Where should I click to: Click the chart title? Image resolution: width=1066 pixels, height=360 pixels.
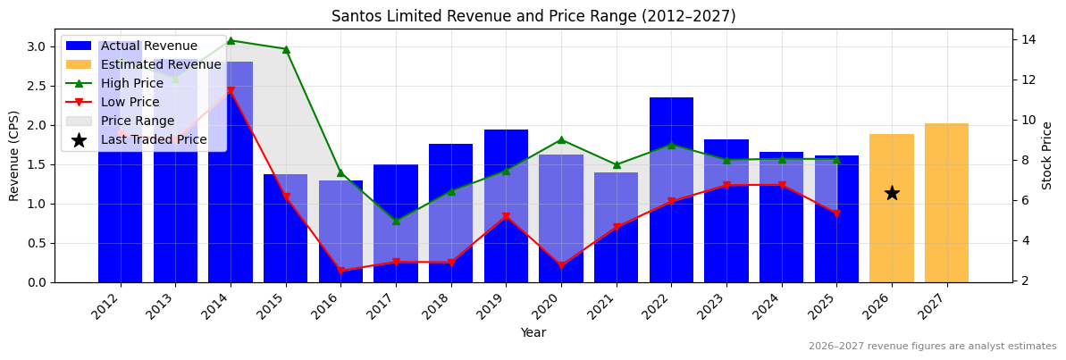(x=533, y=16)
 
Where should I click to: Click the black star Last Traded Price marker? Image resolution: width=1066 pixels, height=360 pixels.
(x=892, y=193)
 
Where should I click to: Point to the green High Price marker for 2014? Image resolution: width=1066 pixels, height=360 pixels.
(x=231, y=40)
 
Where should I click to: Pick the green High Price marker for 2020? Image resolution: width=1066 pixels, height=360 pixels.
(x=561, y=139)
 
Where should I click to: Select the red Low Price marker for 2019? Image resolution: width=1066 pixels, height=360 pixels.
(x=506, y=216)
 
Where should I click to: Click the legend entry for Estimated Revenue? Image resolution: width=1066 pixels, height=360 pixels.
(x=161, y=65)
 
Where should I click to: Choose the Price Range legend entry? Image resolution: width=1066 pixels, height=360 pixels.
(x=138, y=121)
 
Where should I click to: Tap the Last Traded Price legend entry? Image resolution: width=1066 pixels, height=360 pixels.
(x=154, y=139)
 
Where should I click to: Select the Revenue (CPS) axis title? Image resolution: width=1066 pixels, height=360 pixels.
(x=14, y=155)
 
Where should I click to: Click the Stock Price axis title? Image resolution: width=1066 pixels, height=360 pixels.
(x=1047, y=155)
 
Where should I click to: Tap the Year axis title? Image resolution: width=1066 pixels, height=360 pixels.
(x=533, y=333)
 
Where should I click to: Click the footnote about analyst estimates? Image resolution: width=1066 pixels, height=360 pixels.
(x=932, y=347)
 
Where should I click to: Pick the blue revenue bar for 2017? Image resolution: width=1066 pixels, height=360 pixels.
(x=396, y=223)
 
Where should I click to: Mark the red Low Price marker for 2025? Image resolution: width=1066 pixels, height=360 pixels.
(x=836, y=213)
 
